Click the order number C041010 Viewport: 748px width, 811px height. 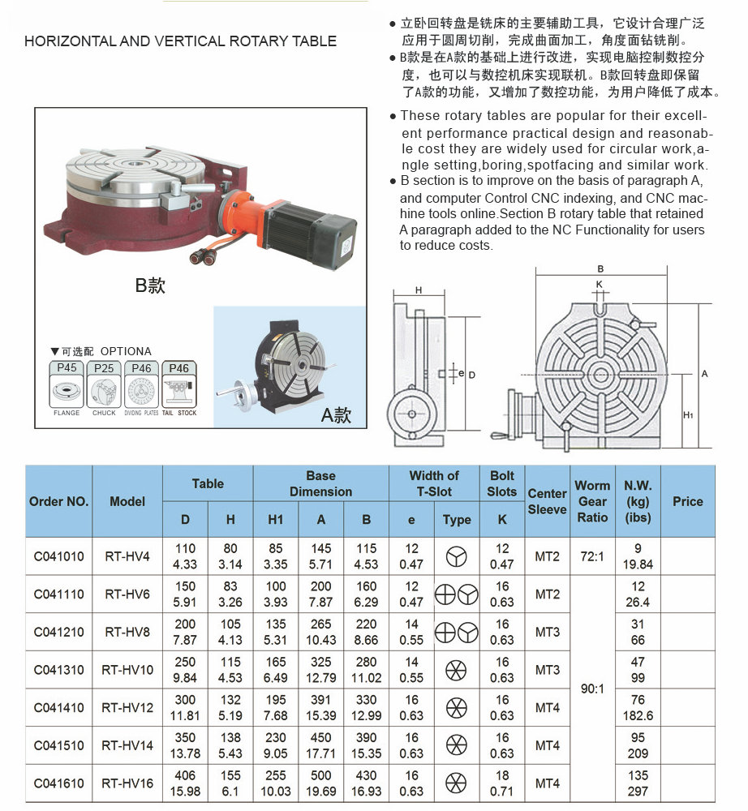[58, 556]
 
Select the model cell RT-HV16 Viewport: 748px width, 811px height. [127, 783]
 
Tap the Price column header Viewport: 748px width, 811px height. [687, 501]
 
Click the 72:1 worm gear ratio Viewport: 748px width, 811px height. [592, 556]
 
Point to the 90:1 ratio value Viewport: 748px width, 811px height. [592, 689]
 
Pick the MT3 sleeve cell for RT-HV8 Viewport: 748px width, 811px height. [548, 632]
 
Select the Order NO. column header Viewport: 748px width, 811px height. [58, 501]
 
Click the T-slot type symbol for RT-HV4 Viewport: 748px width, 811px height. [457, 556]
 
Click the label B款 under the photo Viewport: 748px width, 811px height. [150, 285]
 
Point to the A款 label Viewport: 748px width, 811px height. [336, 416]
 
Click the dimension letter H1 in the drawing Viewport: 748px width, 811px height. [688, 414]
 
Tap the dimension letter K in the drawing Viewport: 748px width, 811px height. [600, 284]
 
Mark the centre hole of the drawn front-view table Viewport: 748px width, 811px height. [600, 374]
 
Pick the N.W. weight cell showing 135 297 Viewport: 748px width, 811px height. [638, 783]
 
